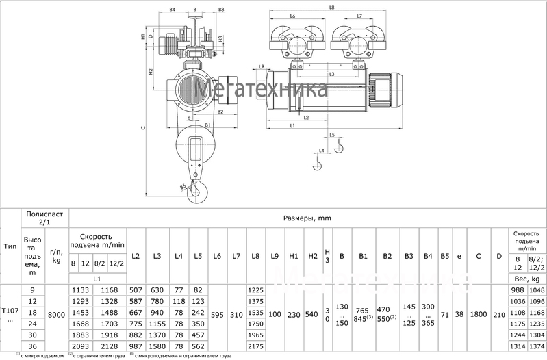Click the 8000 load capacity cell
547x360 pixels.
point(57,316)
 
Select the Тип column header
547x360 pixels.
point(11,246)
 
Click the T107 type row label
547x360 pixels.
point(11,316)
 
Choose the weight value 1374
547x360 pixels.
point(537,347)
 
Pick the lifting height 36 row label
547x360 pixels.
point(32,347)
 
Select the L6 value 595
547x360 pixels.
point(217,316)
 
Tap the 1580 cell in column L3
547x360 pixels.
point(159,347)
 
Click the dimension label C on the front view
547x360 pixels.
point(143,127)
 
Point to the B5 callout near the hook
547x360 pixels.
point(183,186)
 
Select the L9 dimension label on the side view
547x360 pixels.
point(262,66)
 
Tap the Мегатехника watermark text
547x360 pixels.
point(260,91)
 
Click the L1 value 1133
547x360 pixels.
point(81,290)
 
